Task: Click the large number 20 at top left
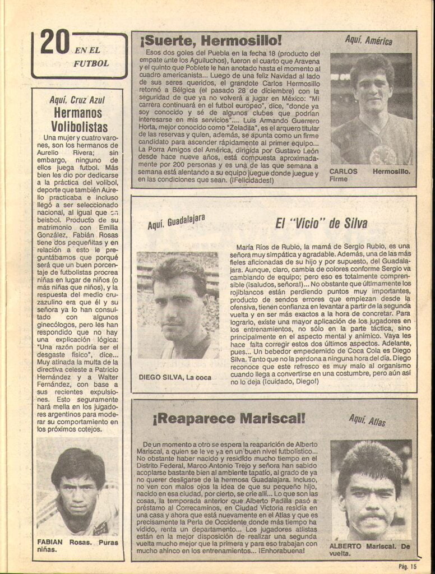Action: [x=55, y=43]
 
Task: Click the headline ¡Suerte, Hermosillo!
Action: [x=210, y=40]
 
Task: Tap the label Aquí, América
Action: [x=368, y=40]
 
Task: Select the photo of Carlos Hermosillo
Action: [x=371, y=109]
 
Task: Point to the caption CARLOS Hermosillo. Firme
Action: [x=369, y=175]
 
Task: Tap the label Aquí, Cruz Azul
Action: [x=77, y=100]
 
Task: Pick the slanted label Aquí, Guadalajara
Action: [x=176, y=222]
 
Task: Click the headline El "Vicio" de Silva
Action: [x=321, y=224]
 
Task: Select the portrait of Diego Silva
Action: [x=178, y=305]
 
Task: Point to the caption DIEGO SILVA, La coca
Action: [x=175, y=377]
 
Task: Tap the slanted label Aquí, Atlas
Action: [x=367, y=420]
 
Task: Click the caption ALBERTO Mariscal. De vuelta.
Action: [x=370, y=549]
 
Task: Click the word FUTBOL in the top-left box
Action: [x=91, y=63]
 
